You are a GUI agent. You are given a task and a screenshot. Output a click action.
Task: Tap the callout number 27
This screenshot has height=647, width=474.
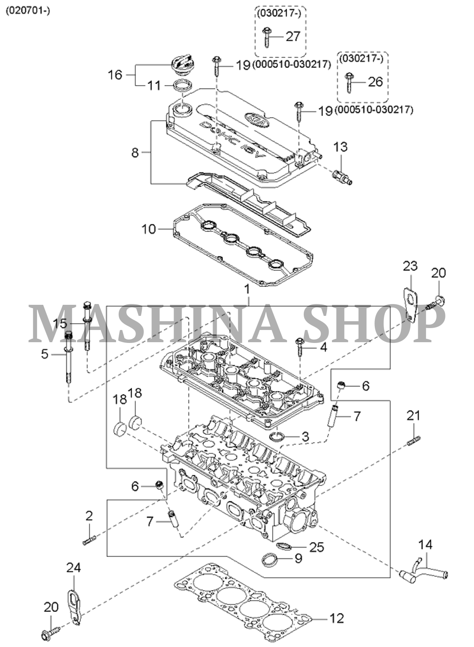point(293,37)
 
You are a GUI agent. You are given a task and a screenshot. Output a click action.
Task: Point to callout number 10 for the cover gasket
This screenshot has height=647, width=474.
point(149,229)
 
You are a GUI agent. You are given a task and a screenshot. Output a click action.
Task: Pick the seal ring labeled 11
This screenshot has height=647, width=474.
point(182,86)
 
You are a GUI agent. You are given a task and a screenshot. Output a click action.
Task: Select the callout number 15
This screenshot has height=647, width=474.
point(60,324)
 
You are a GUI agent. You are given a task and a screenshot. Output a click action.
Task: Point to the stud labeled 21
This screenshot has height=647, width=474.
point(414,442)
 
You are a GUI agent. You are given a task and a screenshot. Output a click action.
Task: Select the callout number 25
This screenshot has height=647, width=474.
point(316,547)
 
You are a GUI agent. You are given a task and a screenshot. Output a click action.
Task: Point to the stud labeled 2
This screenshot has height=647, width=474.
point(89,540)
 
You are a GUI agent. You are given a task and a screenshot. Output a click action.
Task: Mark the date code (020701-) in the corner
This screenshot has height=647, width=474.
point(27,11)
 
